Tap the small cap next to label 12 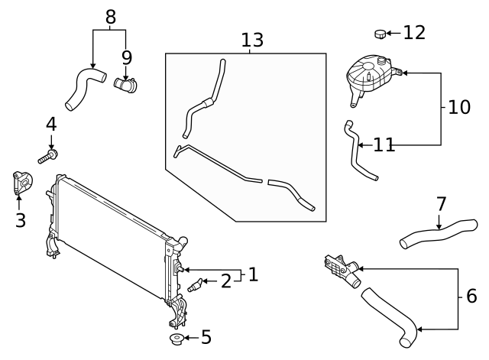point(380,33)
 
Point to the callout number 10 point(458,107)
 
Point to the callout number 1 point(253,274)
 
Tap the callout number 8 point(111,15)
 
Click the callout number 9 point(126,57)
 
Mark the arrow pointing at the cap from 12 point(393,33)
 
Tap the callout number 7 point(441,204)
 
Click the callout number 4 point(51,124)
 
